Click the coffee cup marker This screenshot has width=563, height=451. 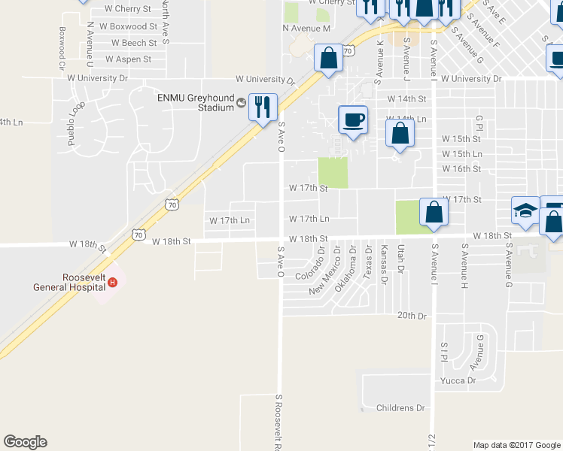pyautogui.click(x=353, y=120)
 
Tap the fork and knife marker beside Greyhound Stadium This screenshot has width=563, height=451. pyautogui.click(x=263, y=107)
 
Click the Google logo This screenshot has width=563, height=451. pyautogui.click(x=25, y=442)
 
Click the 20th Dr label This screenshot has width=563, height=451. pyautogui.click(x=412, y=316)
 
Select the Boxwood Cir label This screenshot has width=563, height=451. pyautogui.click(x=62, y=47)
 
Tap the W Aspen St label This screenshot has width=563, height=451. pyautogui.click(x=128, y=59)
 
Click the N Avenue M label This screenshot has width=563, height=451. pyautogui.click(x=306, y=29)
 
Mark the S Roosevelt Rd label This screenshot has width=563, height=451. pyautogui.click(x=278, y=422)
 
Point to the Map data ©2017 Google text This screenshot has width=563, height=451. pyautogui.click(x=516, y=445)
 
